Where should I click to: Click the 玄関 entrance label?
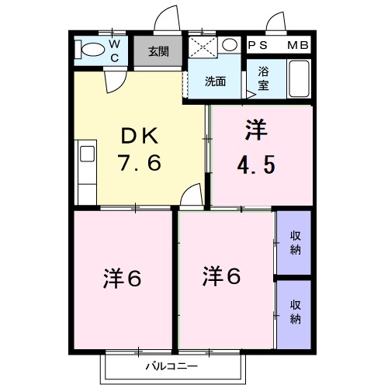(158, 52)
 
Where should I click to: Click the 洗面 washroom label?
(215, 81)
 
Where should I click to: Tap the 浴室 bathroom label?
(263, 81)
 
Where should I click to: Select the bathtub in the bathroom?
(299, 79)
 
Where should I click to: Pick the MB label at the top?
(298, 46)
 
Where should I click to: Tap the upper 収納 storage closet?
(295, 243)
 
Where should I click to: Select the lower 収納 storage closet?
(295, 312)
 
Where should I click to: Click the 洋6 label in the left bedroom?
(122, 277)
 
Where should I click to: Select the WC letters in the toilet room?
(114, 51)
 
